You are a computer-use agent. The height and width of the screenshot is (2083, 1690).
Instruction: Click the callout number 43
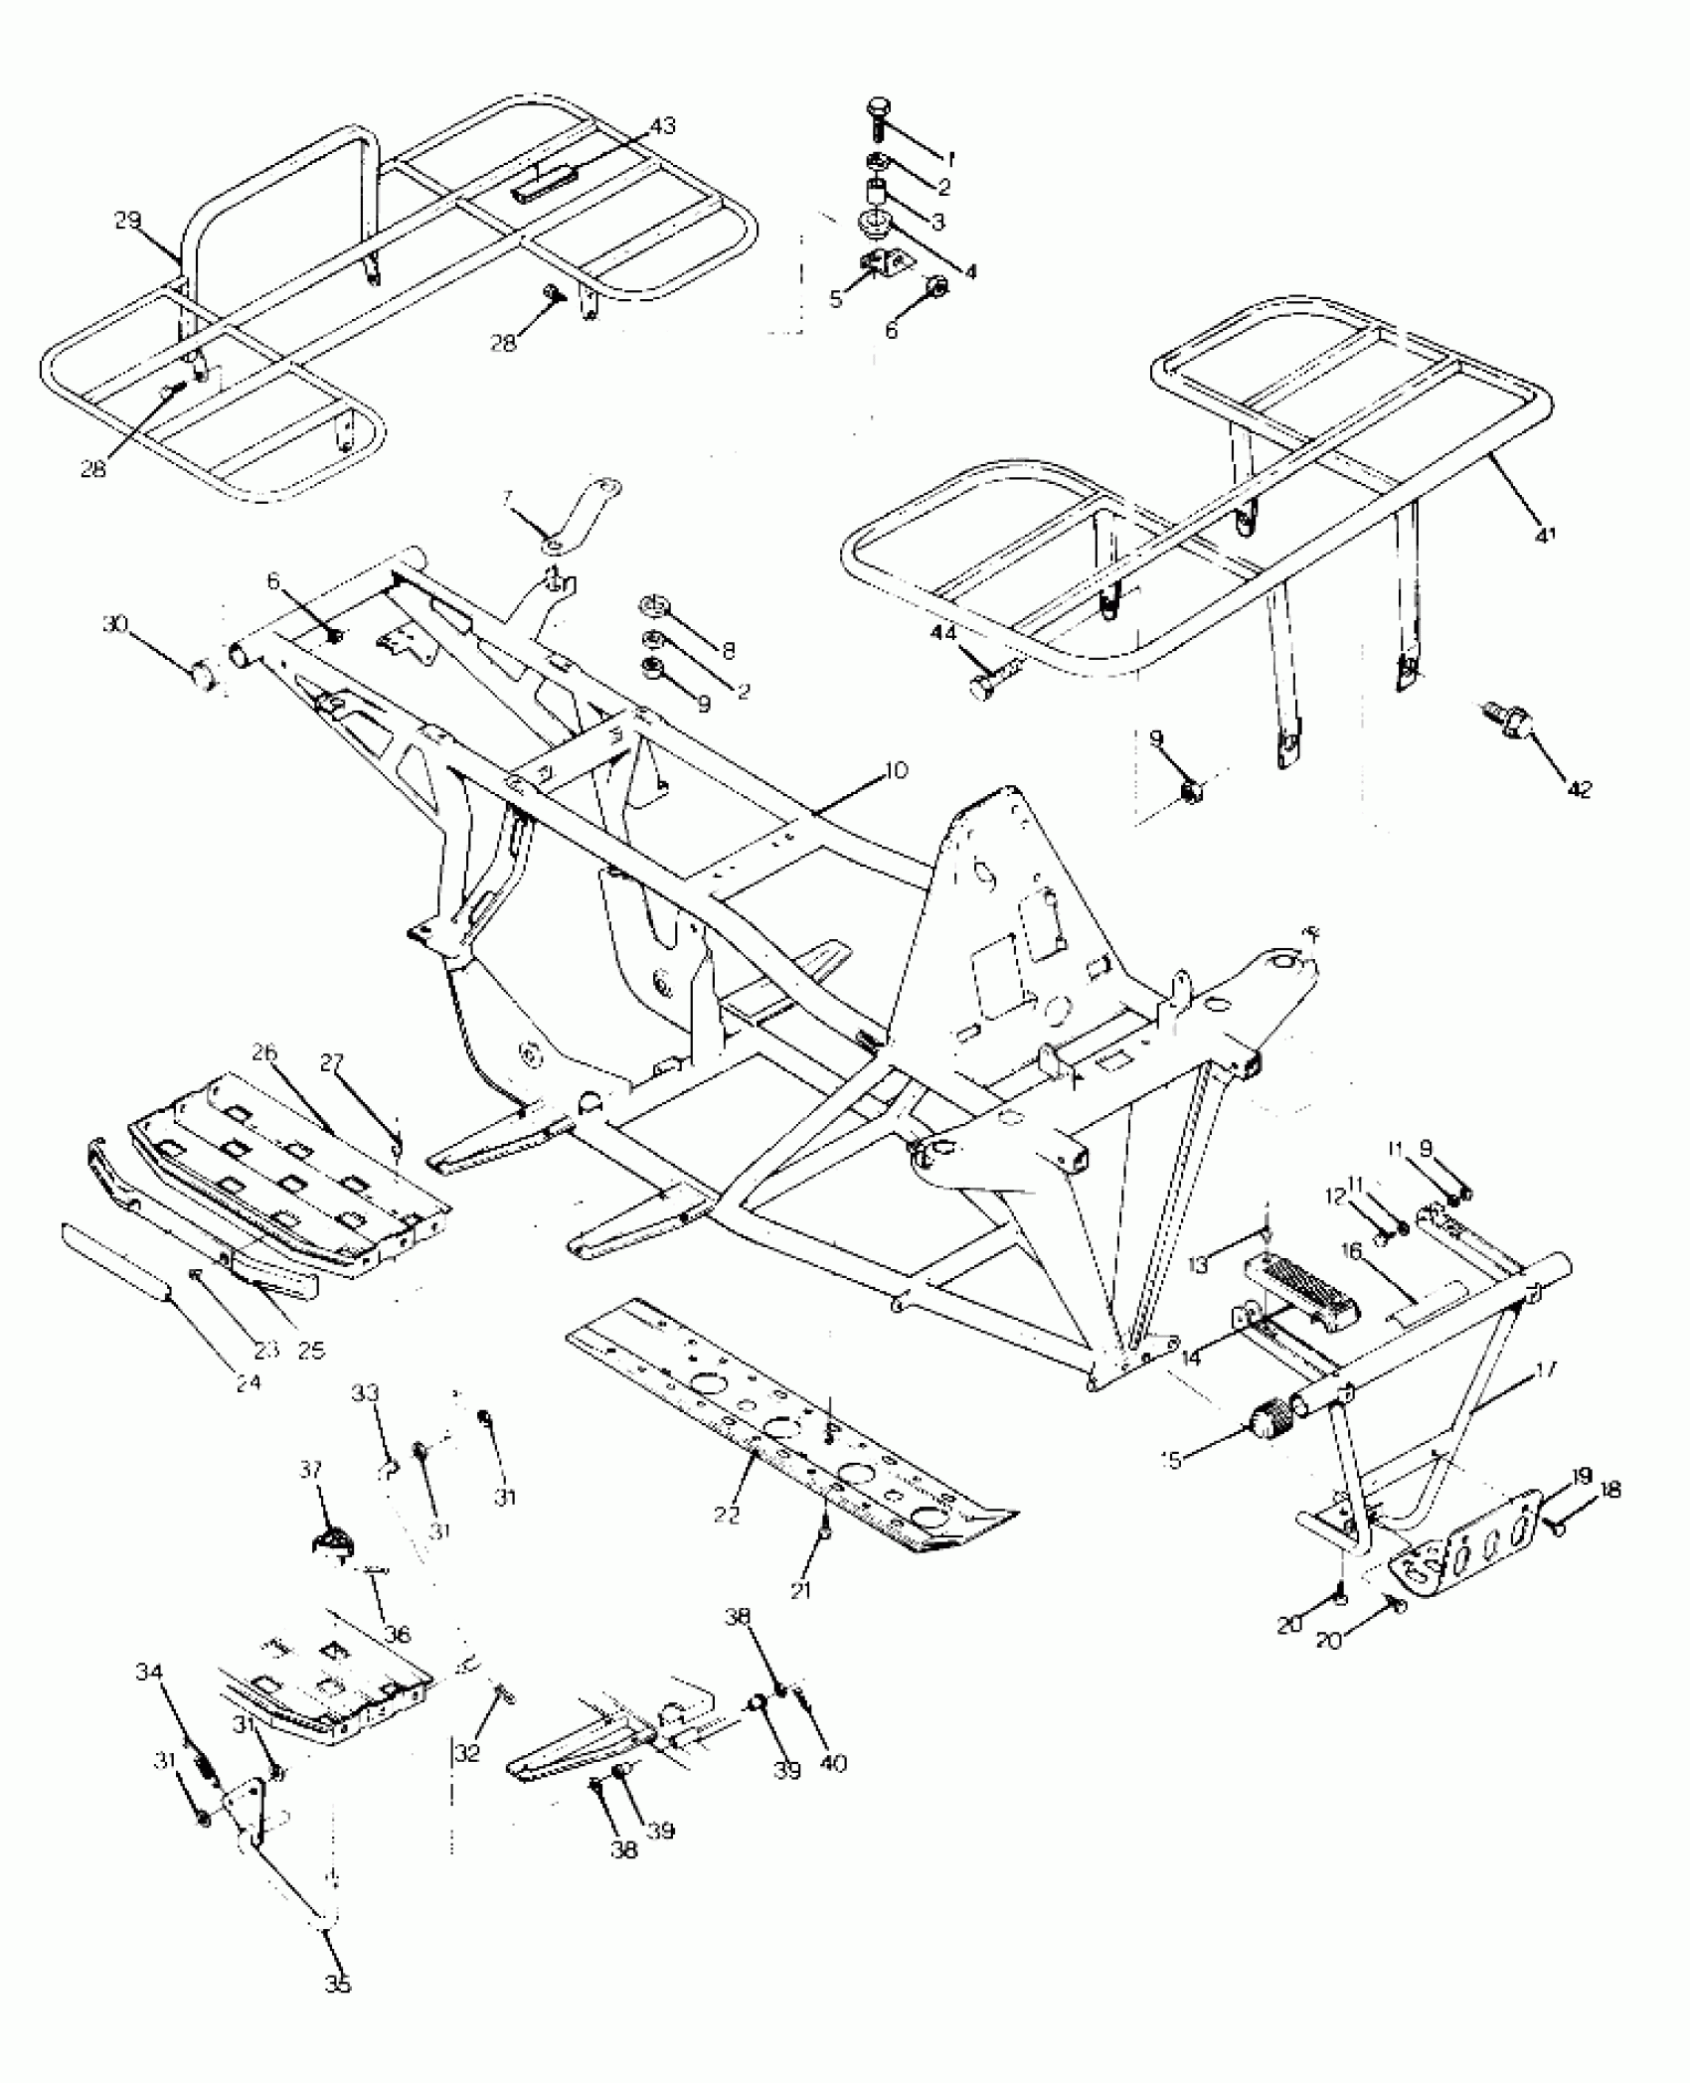[662, 126]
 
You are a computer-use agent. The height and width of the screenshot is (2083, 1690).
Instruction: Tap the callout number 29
[127, 221]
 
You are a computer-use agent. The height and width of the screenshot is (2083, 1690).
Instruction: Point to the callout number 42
[1579, 789]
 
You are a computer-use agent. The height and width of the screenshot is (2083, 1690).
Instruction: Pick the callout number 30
[115, 624]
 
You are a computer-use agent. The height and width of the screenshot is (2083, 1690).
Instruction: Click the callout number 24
[249, 1380]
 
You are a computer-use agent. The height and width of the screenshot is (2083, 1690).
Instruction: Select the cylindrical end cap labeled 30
[204, 677]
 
